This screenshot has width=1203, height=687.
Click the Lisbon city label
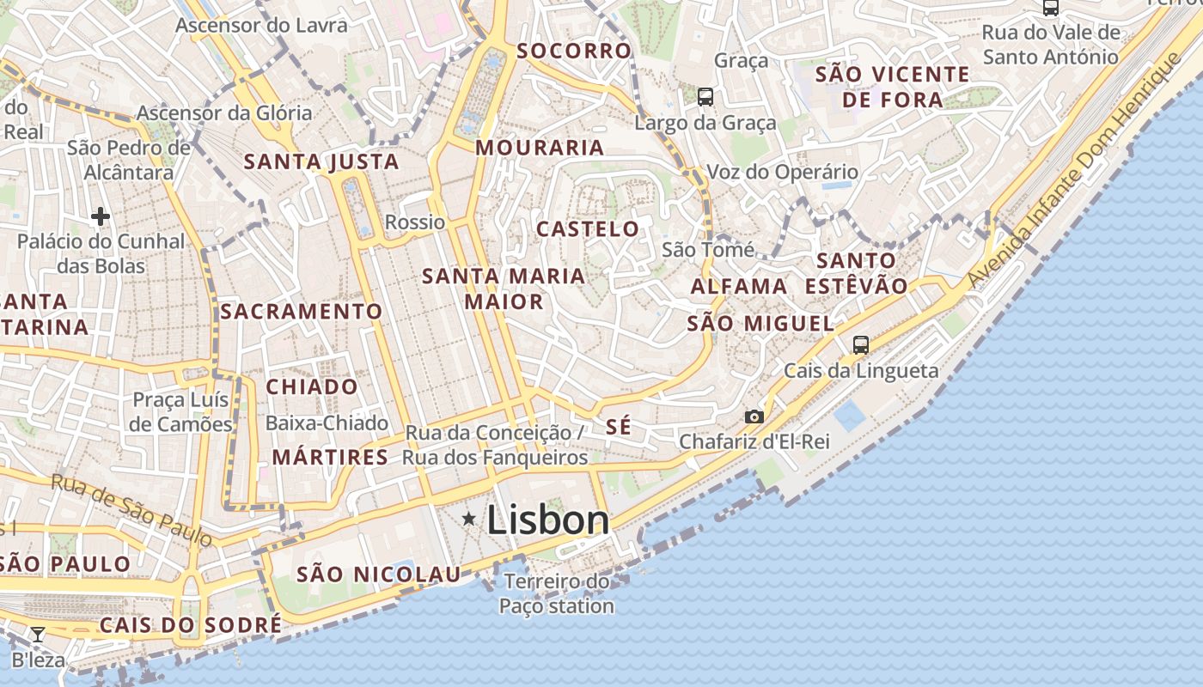[548, 520]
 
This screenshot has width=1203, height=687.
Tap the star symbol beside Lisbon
[468, 519]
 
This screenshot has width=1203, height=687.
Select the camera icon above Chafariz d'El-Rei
[754, 416]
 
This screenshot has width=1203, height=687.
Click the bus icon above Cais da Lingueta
[860, 345]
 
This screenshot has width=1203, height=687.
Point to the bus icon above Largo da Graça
[705, 96]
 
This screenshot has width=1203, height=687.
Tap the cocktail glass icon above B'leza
[38, 635]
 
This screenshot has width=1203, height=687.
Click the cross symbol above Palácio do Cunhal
[101, 216]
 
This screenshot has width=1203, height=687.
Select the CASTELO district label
[588, 229]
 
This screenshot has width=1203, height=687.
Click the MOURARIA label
[540, 148]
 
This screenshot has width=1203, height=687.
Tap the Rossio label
[415, 222]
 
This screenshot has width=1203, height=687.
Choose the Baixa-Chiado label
[327, 423]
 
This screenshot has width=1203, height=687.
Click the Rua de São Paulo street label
[131, 508]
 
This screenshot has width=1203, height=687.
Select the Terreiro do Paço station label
[557, 593]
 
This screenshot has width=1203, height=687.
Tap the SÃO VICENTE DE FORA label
[892, 87]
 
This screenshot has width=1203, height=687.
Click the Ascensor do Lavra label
[261, 25]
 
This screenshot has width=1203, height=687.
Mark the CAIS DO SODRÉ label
[190, 625]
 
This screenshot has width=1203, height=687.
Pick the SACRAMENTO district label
[301, 312]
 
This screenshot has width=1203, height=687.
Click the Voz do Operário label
[782, 172]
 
